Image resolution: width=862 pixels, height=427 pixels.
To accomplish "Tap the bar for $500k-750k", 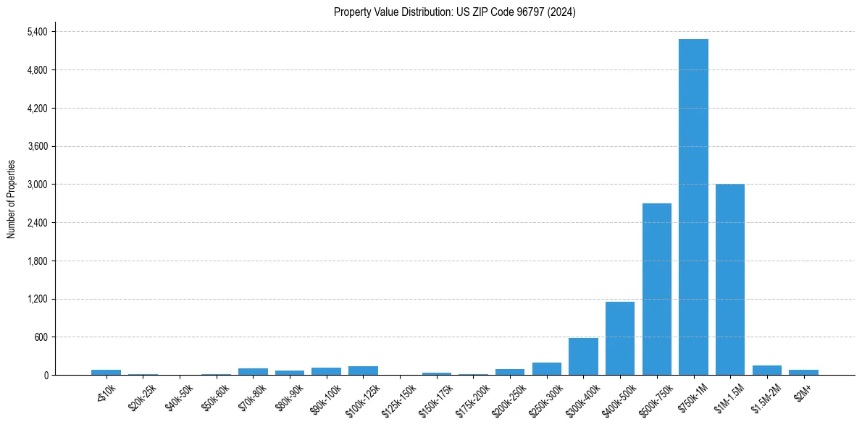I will point(656,289).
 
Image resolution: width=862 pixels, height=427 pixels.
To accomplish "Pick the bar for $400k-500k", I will point(620,339).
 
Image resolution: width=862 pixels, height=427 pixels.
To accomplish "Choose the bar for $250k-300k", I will point(546,369).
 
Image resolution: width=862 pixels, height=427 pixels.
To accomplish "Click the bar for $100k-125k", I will point(363,371).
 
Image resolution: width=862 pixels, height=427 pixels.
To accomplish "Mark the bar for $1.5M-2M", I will point(767,371).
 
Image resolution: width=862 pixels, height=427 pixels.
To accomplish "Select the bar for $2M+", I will point(803,372).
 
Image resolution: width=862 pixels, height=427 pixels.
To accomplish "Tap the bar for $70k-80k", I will point(253,371).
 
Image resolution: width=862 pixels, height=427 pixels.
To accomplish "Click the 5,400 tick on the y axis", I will point(37,32).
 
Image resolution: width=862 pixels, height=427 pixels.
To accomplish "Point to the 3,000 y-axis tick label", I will point(37,185).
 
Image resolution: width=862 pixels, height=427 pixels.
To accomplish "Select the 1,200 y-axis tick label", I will point(37,299).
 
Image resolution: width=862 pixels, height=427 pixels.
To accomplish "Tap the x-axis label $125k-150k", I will point(400,394).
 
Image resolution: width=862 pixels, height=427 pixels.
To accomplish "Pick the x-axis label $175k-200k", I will point(473,394).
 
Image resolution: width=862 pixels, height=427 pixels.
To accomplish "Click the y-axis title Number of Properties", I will point(11,198).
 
